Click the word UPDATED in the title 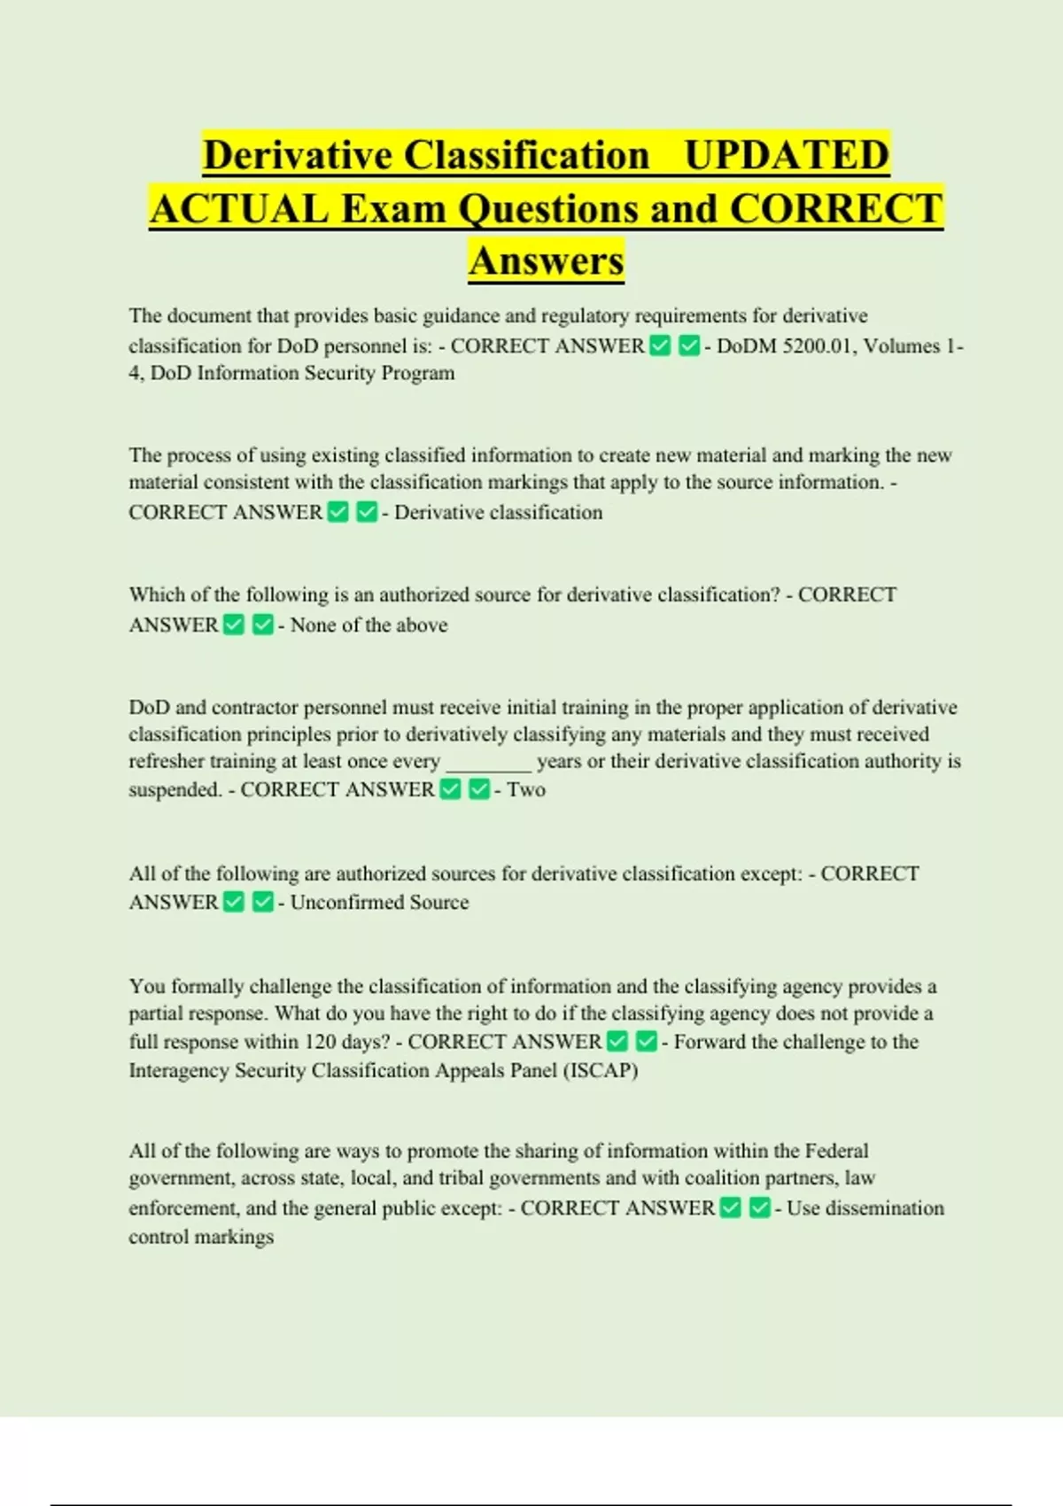point(787,155)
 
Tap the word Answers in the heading point(547,261)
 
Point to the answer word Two point(526,789)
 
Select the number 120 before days point(320,1042)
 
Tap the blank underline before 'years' point(488,762)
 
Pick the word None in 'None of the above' point(313,625)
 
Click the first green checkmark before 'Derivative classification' point(338,512)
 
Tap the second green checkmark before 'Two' point(479,789)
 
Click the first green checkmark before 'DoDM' point(660,345)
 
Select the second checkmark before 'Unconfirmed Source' point(262,902)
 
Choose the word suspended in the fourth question point(174,789)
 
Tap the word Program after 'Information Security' point(417,373)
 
